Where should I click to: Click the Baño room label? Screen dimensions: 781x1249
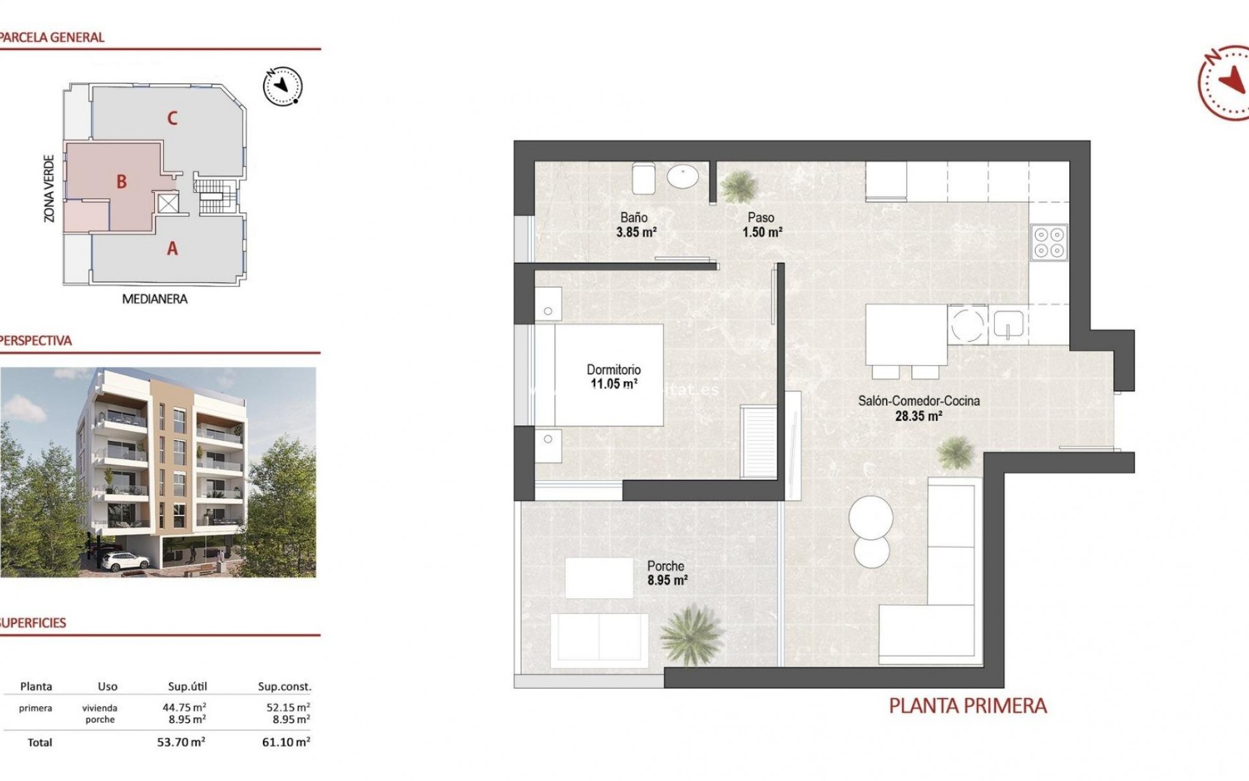634,218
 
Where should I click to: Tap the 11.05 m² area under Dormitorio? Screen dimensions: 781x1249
613,384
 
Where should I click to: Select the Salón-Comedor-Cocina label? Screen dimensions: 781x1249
919,401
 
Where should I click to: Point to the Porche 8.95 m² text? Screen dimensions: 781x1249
667,573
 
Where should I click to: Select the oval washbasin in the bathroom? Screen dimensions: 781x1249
682,176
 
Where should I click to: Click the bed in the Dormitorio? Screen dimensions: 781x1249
608,376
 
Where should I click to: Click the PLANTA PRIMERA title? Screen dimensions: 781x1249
967,706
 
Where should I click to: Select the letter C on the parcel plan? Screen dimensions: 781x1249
172,118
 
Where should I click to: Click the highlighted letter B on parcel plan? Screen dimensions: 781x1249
122,182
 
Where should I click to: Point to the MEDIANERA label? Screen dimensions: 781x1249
155,299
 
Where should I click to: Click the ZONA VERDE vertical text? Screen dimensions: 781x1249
49,188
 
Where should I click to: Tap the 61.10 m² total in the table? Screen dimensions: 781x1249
286,742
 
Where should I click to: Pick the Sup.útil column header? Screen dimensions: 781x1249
187,687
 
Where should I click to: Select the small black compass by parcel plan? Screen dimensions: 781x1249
283,86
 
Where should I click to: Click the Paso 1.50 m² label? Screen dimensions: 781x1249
762,225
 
